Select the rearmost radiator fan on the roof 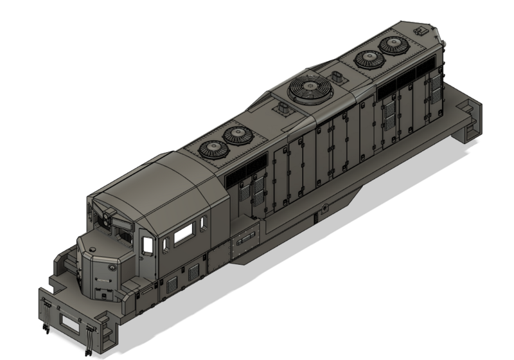391,45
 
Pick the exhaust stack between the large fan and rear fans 337,78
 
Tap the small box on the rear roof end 421,30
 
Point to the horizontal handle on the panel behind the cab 245,243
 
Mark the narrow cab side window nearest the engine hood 203,224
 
